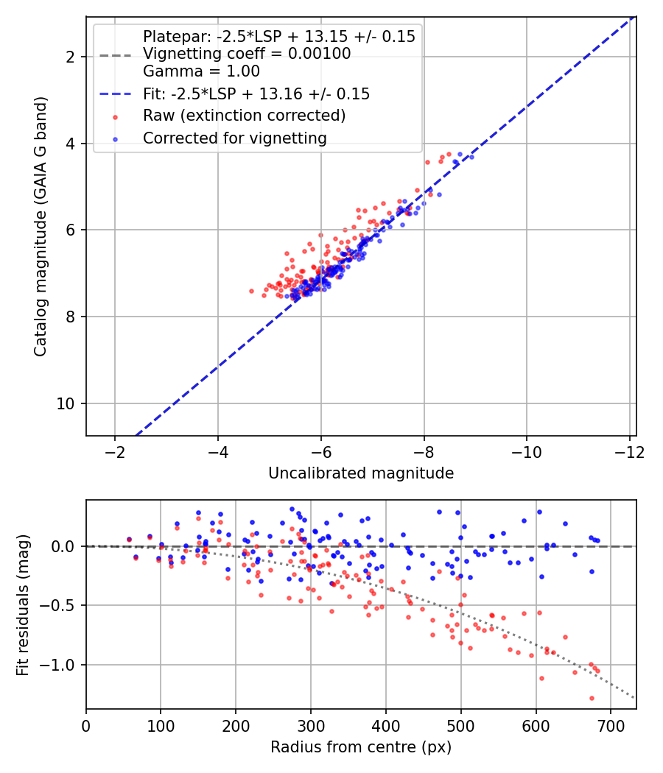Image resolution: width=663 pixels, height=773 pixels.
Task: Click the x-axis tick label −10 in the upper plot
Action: coord(527,452)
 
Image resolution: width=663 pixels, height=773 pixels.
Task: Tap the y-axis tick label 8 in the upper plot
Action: coord(71,317)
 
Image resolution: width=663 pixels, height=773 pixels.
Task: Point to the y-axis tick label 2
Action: coord(71,57)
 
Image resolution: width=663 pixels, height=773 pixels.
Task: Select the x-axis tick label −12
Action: coord(629,452)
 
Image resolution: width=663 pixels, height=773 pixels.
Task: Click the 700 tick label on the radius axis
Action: coord(611,726)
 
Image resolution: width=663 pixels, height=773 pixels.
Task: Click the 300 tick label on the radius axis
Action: coord(311,726)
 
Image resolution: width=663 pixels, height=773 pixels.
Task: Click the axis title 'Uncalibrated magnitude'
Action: coord(361,473)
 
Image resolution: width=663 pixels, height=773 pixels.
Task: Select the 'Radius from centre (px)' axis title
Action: coord(361,747)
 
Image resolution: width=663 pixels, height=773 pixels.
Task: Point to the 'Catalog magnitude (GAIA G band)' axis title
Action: coord(41,226)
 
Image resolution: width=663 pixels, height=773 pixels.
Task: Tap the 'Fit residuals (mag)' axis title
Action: coord(23,605)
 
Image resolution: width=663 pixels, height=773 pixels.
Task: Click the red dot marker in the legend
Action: coord(116,117)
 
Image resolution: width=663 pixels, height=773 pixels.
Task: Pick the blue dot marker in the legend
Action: coord(116,139)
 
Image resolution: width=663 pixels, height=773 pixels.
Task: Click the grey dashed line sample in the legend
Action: coord(116,55)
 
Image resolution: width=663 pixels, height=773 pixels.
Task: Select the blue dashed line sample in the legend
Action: coord(116,93)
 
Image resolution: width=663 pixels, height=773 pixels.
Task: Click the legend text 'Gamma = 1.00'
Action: coord(201,71)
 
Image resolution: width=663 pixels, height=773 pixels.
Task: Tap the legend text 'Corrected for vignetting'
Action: coord(235,138)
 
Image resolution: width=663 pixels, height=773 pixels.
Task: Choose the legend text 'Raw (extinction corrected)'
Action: coord(244,116)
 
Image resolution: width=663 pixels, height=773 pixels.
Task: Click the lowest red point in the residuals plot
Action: coord(592,698)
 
